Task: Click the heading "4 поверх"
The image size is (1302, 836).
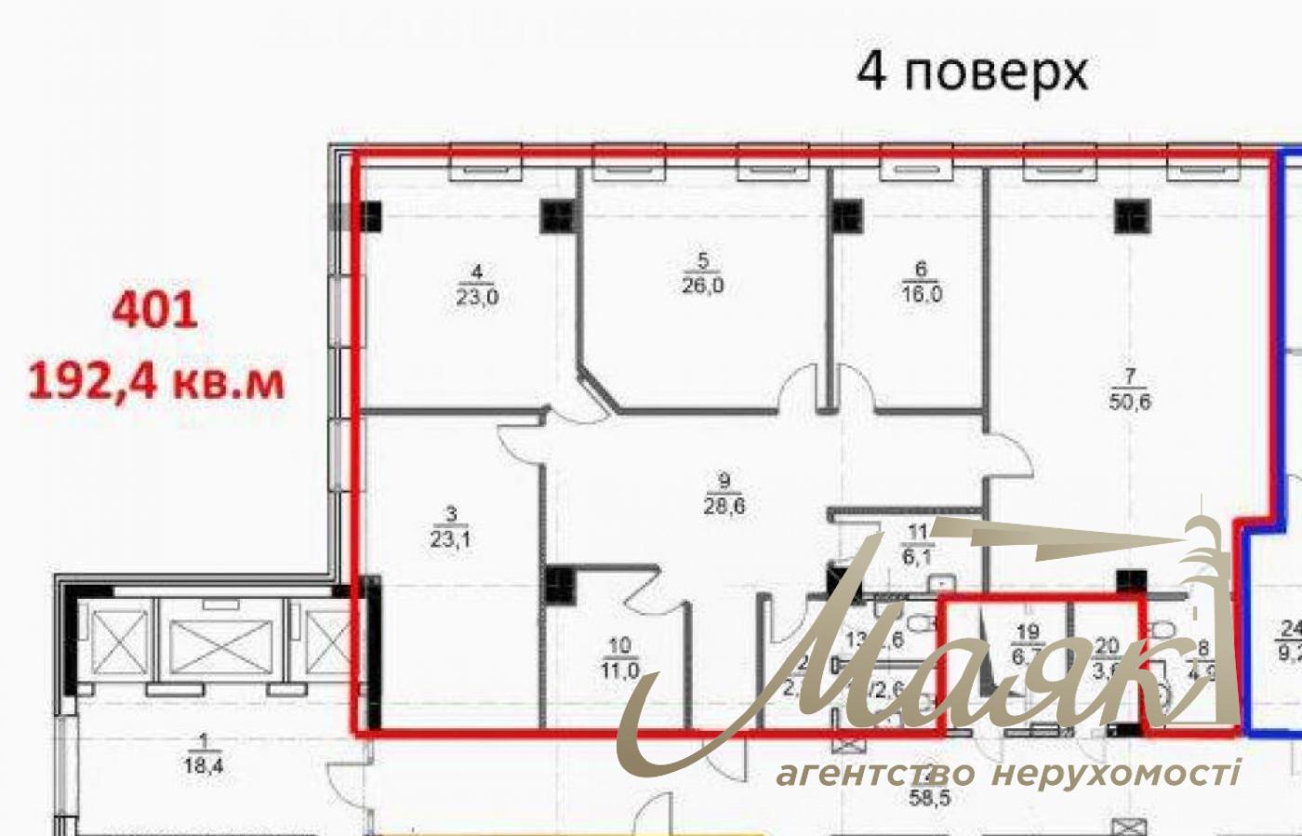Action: pyautogui.click(x=972, y=71)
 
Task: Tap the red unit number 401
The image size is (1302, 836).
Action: pyautogui.click(x=154, y=310)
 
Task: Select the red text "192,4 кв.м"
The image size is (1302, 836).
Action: pyautogui.click(x=156, y=381)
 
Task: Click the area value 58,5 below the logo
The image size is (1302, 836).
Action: pyautogui.click(x=930, y=797)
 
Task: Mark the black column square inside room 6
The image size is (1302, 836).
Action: pyautogui.click(x=847, y=216)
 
